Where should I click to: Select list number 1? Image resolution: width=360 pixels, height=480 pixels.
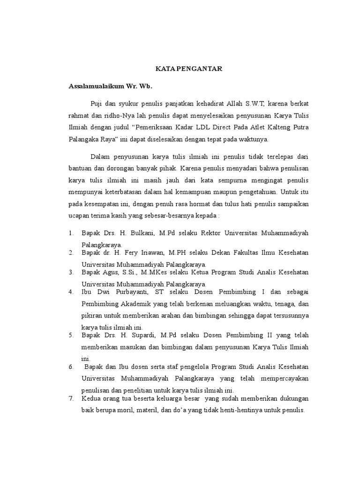coord(71,232)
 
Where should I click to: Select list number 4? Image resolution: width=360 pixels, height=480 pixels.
coord(71,292)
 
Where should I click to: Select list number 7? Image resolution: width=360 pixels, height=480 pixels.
coord(71,398)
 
